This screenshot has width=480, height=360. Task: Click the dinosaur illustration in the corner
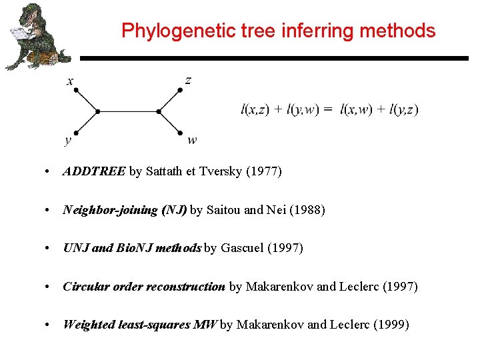[36, 37]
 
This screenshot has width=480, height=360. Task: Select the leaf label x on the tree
[70, 82]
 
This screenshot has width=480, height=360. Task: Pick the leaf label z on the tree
[189, 81]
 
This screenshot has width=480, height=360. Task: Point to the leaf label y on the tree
[68, 140]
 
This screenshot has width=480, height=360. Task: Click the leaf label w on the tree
[192, 140]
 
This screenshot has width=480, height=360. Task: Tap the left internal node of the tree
[97, 111]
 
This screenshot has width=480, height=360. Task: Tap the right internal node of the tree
[159, 111]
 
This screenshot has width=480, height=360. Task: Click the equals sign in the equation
[327, 109]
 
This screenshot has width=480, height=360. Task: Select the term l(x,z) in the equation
[255, 109]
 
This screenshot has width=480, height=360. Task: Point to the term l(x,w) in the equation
[357, 109]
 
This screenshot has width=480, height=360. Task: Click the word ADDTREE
[94, 172]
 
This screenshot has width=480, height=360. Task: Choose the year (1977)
[264, 172]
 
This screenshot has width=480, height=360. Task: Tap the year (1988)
[307, 210]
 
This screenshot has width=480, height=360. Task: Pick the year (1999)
[391, 325]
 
